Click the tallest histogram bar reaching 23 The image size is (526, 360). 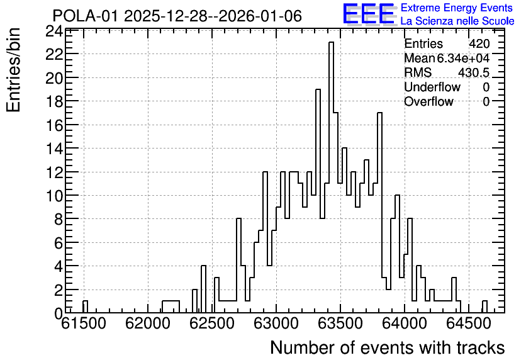[331, 177]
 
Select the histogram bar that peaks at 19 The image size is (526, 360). [318, 201]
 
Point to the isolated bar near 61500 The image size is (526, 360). [85, 307]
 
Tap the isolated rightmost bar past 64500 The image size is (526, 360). [484, 307]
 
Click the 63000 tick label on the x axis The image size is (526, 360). [276, 323]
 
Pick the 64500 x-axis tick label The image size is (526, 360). [469, 323]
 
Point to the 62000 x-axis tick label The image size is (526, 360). [148, 323]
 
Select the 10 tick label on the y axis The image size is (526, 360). [54, 196]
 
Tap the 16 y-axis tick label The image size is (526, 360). [54, 125]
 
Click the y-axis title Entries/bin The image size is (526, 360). [14, 70]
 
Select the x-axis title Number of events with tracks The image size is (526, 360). [388, 347]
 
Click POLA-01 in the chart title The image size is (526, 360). [85, 16]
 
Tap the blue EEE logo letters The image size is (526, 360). [369, 14]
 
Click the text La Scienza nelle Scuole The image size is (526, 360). [457, 21]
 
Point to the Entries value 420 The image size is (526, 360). [479, 43]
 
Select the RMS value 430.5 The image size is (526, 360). [474, 72]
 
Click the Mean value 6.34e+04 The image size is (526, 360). [463, 58]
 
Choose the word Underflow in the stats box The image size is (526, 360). [432, 87]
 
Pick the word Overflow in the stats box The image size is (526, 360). [428, 101]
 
